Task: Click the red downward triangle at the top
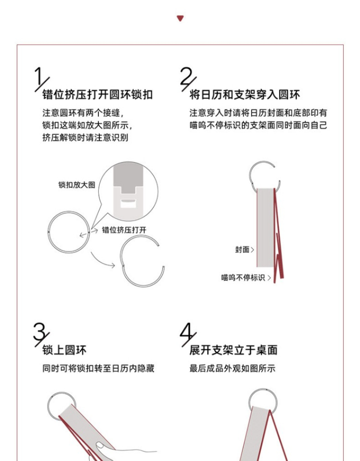(180, 18)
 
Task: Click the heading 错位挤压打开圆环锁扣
(98, 95)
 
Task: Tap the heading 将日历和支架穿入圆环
(245, 95)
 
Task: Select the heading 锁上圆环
(64, 350)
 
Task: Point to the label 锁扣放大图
(77, 185)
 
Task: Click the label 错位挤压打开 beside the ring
(124, 230)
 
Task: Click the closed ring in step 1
(68, 212)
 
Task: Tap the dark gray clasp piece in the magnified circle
(129, 178)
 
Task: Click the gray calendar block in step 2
(266, 228)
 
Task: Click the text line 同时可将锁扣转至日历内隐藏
(98, 368)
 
